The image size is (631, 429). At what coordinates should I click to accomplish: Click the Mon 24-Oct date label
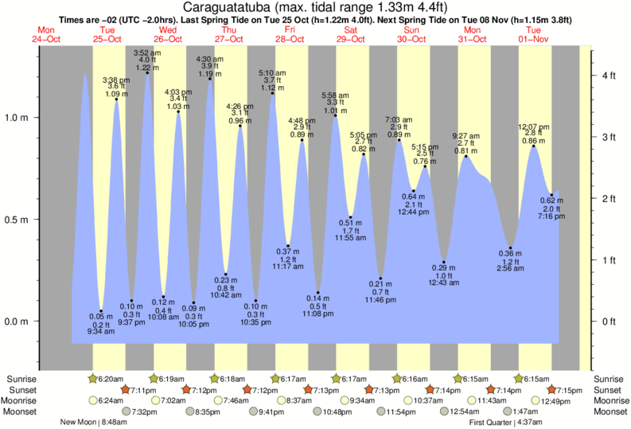(47, 35)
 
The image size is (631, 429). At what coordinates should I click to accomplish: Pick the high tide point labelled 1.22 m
(147, 73)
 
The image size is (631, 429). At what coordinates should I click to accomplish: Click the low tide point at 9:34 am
(101, 311)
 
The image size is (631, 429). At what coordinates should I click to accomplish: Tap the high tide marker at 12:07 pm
(534, 146)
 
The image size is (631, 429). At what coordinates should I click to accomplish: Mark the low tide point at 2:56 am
(511, 248)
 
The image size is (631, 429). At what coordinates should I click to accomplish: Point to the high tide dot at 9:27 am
(466, 156)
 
